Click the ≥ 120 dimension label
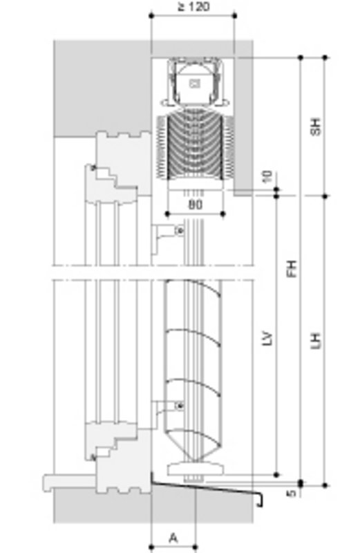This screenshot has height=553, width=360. tap(193, 7)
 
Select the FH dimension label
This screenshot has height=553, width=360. tap(292, 268)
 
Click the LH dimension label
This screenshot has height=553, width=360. tap(316, 340)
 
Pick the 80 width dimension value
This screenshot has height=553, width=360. tap(195, 205)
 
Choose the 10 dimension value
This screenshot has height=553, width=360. tap(268, 176)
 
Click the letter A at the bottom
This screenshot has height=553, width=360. tap(173, 537)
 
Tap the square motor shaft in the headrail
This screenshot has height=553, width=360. tap(194, 84)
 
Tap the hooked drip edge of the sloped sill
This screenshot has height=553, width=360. tap(259, 500)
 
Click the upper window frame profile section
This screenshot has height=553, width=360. tap(114, 166)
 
